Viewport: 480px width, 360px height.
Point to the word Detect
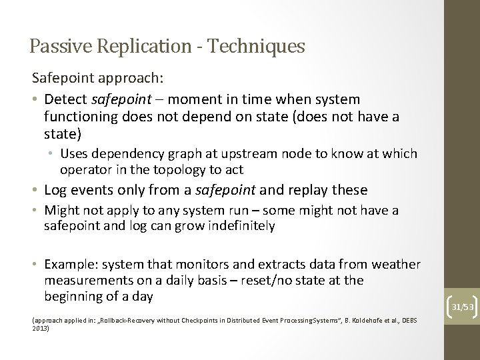pos(65,99)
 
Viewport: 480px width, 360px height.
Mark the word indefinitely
pos(232,225)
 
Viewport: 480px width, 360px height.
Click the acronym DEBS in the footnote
pos(409,321)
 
